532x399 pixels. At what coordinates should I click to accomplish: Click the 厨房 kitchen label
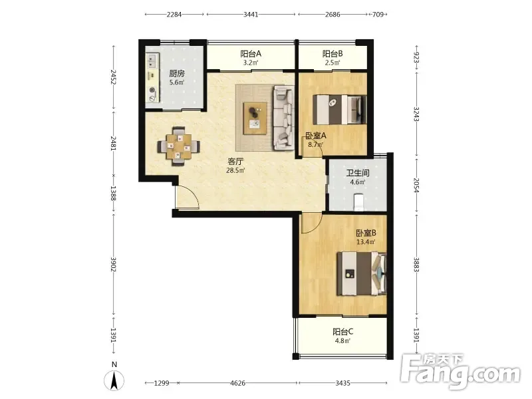pos(177,73)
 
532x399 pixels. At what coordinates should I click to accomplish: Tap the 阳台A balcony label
pos(251,54)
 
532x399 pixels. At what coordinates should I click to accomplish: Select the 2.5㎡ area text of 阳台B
pos(332,63)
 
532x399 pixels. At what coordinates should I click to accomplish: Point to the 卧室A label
pos(316,136)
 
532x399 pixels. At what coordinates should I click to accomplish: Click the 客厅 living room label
pos(235,161)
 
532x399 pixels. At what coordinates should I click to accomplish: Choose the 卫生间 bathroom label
pos(358,173)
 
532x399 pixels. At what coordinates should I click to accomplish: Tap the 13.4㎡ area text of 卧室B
pos(366,242)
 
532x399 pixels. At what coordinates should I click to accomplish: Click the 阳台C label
pos(342,331)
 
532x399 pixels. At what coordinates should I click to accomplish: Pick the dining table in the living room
pos(178,146)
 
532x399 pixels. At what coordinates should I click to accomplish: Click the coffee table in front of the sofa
pos(256,118)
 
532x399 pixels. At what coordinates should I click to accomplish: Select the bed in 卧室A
pos(339,110)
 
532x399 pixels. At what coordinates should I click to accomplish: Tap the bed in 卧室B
pos(362,273)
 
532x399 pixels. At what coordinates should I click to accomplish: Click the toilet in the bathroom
pos(358,202)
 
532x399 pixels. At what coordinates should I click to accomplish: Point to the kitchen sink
pos(152,61)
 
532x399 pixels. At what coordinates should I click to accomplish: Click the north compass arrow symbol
pos(114,380)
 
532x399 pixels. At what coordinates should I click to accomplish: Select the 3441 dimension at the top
pos(251,14)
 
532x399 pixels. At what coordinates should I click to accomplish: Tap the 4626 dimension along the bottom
pos(237,383)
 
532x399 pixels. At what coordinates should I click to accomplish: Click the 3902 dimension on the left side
pos(113,263)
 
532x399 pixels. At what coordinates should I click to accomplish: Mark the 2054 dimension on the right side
pos(416,186)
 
